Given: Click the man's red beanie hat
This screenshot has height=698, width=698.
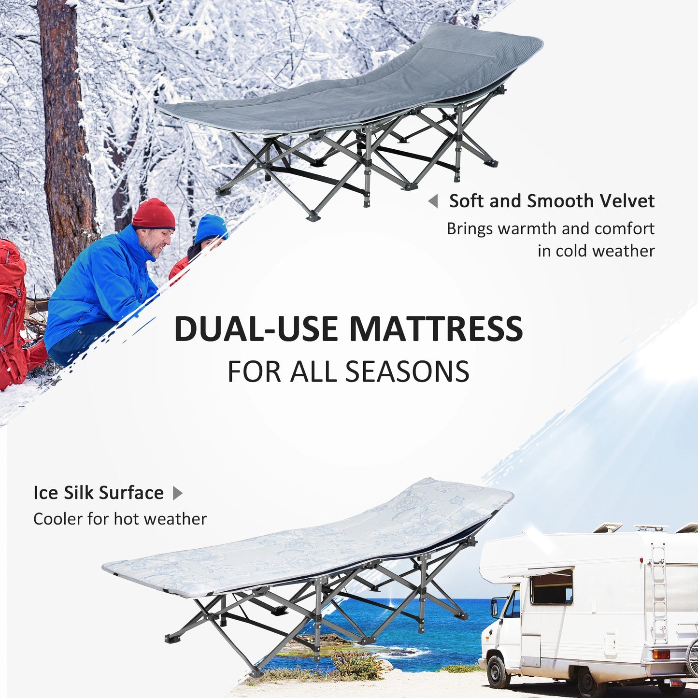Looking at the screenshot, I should [153, 214].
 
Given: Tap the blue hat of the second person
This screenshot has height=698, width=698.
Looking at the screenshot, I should [211, 228].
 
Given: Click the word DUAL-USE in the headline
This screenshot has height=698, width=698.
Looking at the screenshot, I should [256, 329].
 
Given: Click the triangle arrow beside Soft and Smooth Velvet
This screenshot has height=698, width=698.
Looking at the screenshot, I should [433, 201].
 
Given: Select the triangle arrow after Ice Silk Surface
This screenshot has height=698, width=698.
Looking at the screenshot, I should [177, 493].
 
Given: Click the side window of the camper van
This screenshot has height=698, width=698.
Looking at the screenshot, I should [551, 587].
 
